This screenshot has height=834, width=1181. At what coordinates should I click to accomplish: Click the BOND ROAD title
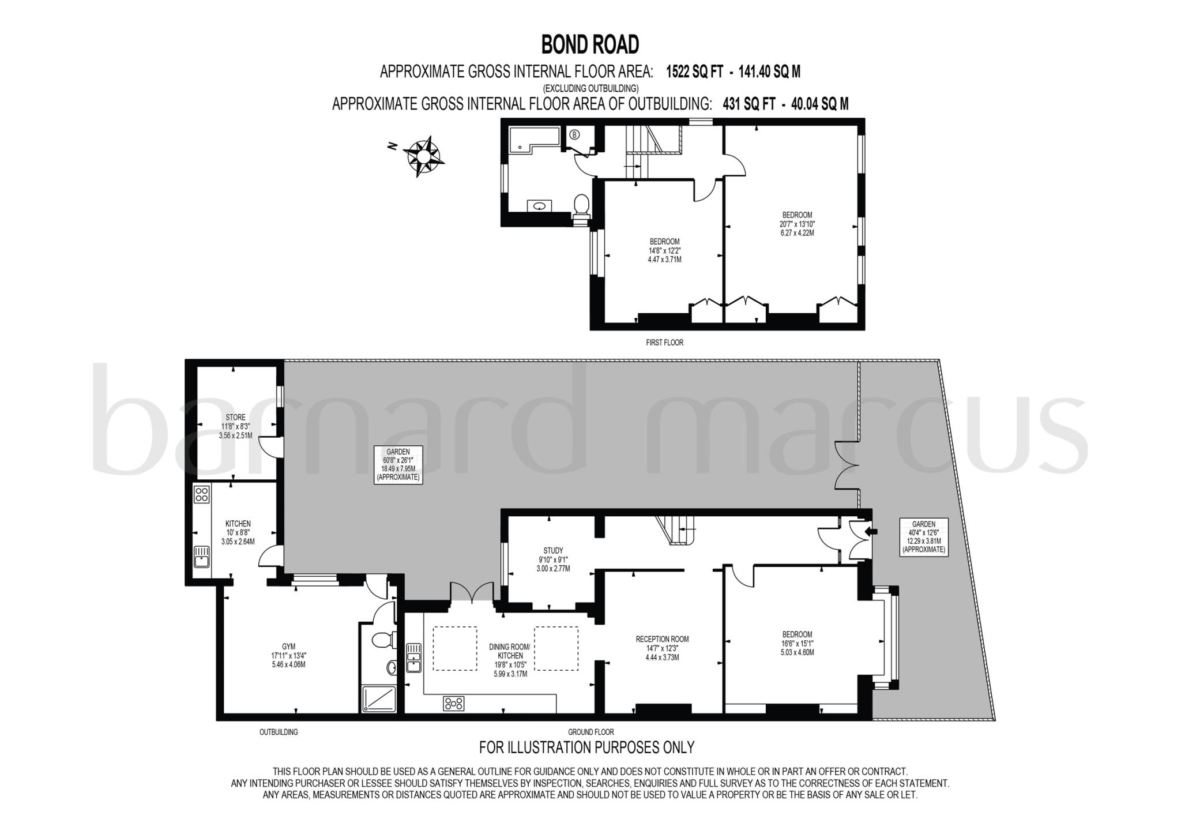[590, 44]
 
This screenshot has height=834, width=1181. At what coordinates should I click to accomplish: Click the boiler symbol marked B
[574, 135]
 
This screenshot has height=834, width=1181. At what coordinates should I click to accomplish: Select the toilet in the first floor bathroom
[581, 205]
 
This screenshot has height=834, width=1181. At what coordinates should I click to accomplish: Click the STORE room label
[235, 418]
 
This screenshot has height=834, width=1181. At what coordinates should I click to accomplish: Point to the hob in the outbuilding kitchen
[202, 494]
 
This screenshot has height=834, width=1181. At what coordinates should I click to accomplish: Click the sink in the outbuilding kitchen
[201, 557]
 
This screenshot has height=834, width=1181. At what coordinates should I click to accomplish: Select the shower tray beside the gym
[379, 698]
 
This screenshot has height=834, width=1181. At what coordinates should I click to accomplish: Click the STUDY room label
[553, 551]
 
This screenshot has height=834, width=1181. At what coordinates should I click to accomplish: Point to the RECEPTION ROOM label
[662, 639]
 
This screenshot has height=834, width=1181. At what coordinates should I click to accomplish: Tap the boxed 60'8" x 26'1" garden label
[398, 464]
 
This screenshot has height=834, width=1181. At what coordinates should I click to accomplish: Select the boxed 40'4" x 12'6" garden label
[923, 536]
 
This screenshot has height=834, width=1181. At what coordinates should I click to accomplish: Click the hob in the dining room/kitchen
[453, 703]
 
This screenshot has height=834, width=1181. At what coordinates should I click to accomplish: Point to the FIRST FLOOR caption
[664, 343]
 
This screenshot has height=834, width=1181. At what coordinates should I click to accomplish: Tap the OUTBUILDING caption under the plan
[279, 732]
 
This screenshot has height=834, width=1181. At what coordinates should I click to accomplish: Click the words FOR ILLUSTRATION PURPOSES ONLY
[586, 747]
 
